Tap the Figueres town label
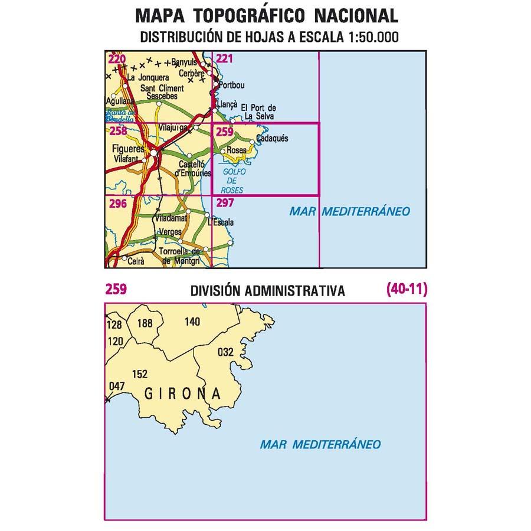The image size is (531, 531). (127, 149)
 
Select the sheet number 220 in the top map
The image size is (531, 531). (117, 58)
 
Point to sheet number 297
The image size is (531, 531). (225, 203)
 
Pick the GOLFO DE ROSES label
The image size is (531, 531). (230, 181)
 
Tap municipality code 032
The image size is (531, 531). (226, 352)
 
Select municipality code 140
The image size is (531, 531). (192, 322)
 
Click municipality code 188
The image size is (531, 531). (145, 323)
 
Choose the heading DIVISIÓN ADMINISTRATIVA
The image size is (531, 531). (267, 291)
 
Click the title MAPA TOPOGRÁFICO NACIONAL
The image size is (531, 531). (266, 15)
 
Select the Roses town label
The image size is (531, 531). (236, 151)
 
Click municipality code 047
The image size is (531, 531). (117, 386)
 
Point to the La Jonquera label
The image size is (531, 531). (148, 77)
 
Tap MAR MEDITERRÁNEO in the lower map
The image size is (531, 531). (320, 444)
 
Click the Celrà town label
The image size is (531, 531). (136, 258)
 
